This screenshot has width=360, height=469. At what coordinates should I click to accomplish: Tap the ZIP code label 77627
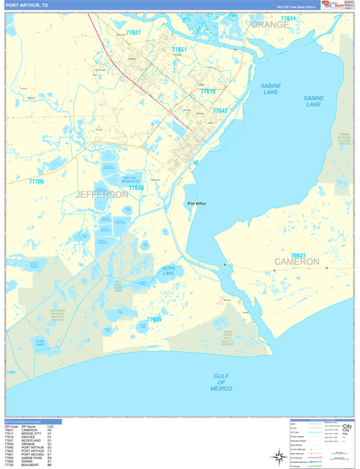pos(133,33)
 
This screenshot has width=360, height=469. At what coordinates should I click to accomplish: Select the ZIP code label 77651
pos(179,49)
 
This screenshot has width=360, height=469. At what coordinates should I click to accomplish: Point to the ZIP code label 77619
pos(208,91)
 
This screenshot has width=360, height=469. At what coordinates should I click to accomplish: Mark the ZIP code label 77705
pos(36,181)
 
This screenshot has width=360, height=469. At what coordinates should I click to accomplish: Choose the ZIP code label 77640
pos(136,188)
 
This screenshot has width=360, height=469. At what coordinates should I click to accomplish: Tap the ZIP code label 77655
pos(154,320)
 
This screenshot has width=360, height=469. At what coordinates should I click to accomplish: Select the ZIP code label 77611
pos(288,18)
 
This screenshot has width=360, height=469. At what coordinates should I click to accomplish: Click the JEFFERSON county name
pos(102,195)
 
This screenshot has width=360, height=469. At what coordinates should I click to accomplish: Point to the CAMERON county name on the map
pos(297,262)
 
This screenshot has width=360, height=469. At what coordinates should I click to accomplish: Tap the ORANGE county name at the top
pos(269,25)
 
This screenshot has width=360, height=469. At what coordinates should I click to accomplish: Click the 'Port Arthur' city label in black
pos(198,204)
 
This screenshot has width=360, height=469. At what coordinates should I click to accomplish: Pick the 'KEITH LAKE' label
pos(168,271)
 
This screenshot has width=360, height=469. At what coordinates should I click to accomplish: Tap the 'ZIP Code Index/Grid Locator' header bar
pos(33,421)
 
